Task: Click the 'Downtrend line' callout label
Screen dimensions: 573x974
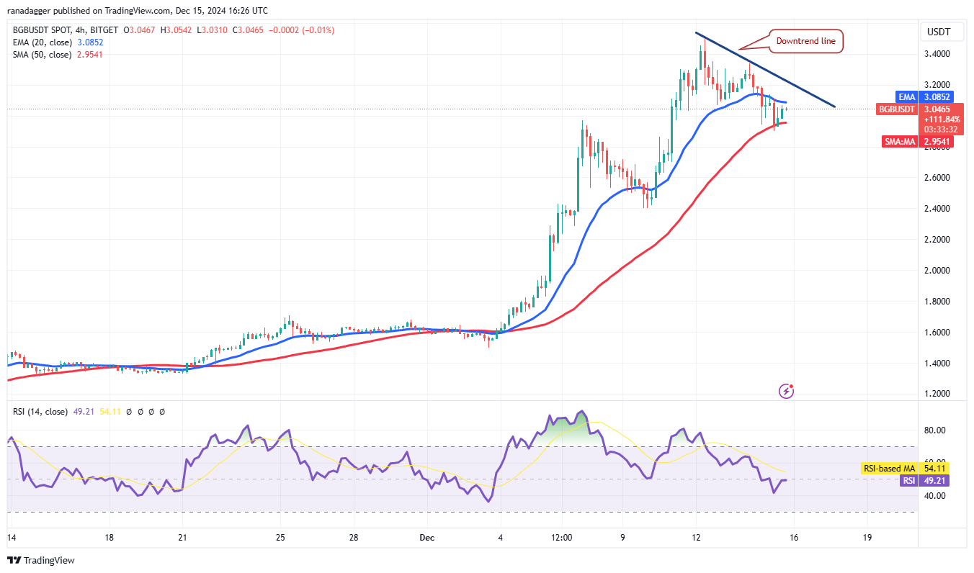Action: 805,41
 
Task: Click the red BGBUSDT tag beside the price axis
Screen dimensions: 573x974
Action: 896,109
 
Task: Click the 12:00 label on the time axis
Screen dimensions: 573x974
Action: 562,538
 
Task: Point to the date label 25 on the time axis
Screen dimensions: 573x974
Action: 281,538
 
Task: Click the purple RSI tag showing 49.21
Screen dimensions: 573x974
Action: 911,480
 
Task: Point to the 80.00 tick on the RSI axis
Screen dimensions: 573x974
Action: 935,430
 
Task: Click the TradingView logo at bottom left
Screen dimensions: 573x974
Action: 41,560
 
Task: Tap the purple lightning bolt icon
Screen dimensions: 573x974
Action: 787,391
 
